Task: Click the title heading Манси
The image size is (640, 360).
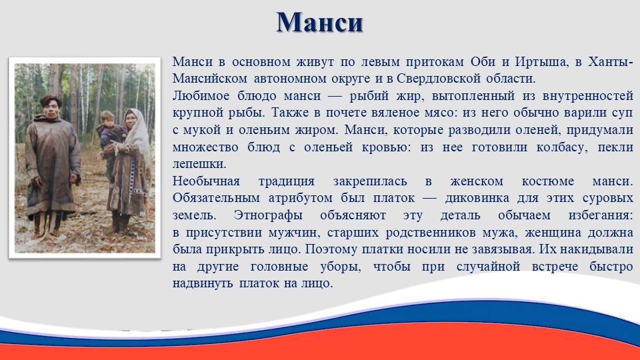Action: click(x=319, y=23)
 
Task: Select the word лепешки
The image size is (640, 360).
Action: click(x=199, y=164)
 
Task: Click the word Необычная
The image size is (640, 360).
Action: click(x=206, y=181)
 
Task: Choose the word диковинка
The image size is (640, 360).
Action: click(x=477, y=199)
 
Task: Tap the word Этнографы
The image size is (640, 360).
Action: click(x=268, y=215)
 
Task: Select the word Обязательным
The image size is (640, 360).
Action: click(x=216, y=198)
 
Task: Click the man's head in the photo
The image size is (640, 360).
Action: click(x=51, y=107)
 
